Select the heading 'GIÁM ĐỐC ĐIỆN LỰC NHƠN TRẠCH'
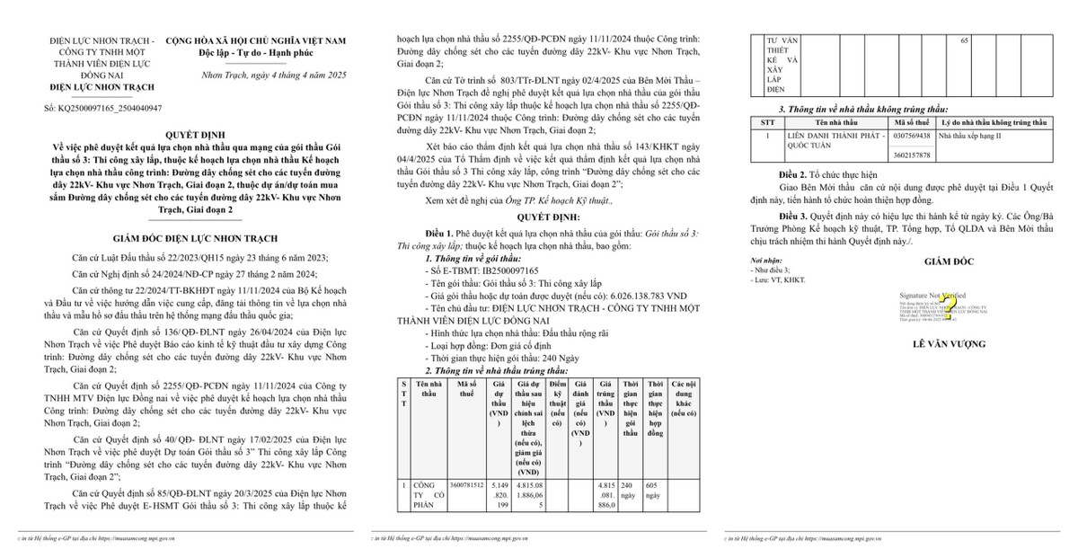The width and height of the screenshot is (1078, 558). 181,240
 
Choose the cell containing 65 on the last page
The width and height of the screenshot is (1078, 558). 965,42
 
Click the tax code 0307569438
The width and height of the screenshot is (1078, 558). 914,136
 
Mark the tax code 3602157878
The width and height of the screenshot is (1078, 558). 914,155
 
